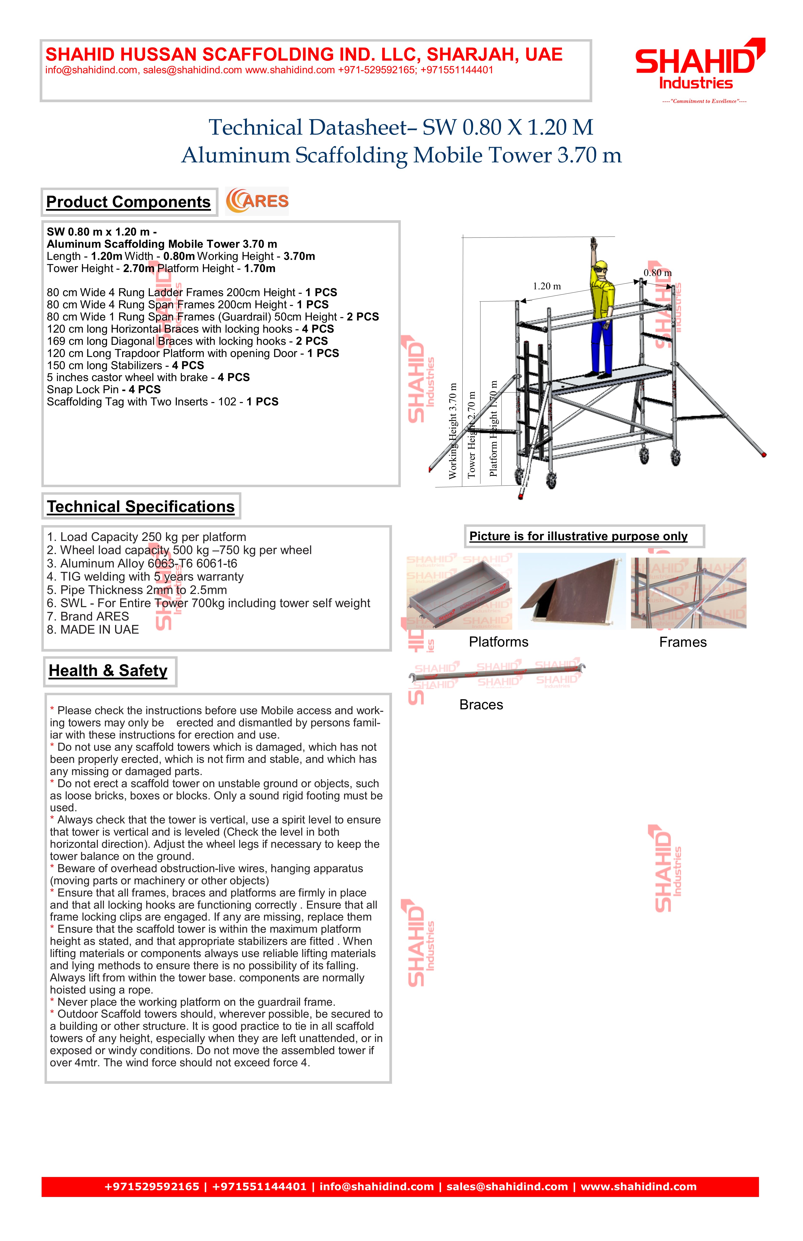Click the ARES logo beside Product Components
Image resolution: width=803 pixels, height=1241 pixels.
pyautogui.click(x=257, y=201)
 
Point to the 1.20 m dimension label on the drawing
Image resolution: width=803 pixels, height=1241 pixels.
pyautogui.click(x=547, y=286)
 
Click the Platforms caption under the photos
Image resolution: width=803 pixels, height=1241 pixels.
pyautogui.click(x=499, y=642)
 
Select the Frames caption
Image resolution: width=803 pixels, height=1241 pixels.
pyautogui.click(x=683, y=642)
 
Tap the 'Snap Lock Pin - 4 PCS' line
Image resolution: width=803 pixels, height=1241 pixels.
pyautogui.click(x=104, y=390)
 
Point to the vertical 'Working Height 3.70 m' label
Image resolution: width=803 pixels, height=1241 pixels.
pyautogui.click(x=453, y=431)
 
